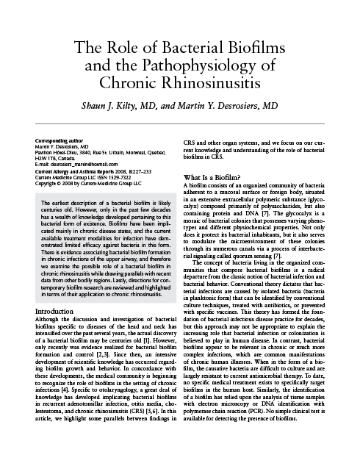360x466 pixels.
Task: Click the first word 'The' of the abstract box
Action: pyautogui.click(x=46, y=202)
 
